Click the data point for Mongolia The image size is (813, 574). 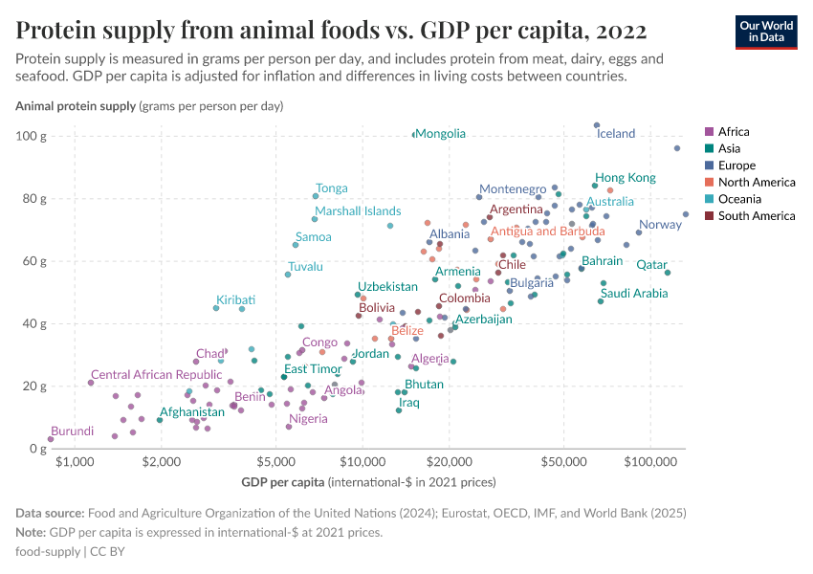click(x=414, y=135)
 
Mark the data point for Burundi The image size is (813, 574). click(x=51, y=439)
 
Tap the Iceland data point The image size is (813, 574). click(x=597, y=125)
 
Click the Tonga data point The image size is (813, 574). click(x=316, y=196)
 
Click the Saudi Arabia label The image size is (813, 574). click(x=634, y=294)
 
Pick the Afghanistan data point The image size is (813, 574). click(x=160, y=420)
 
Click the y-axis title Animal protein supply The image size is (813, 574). click(x=76, y=105)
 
